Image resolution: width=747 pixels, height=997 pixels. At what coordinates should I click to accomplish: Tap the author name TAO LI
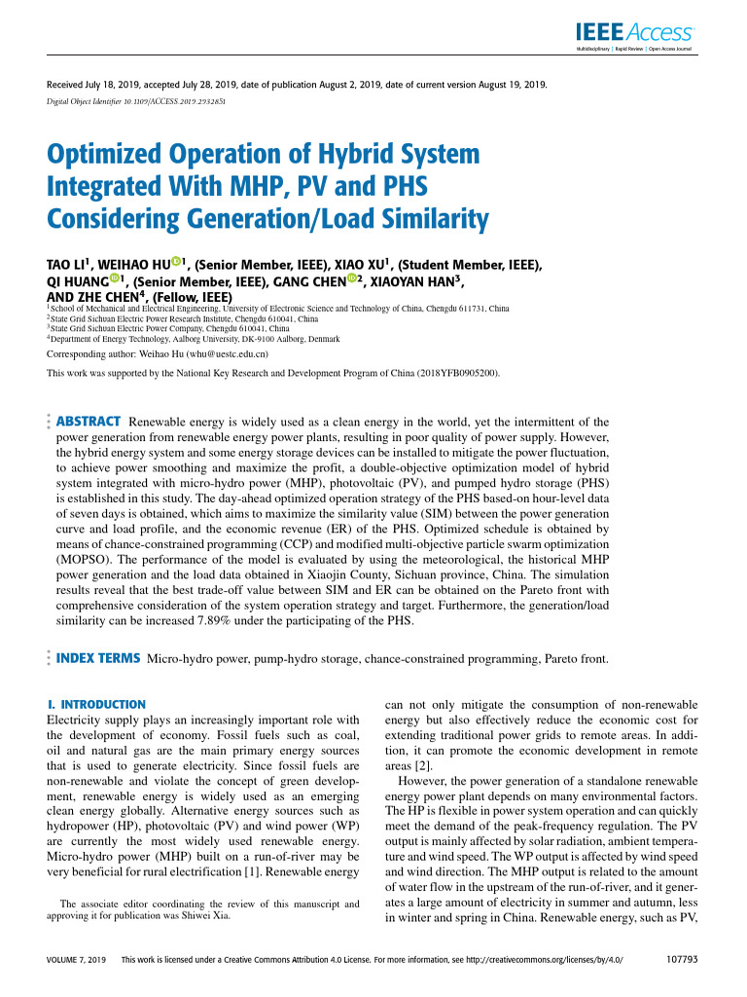(x=67, y=265)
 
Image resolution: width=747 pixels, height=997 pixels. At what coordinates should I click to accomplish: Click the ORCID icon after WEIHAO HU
(x=176, y=261)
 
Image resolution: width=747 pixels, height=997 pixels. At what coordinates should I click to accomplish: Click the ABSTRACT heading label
(x=89, y=422)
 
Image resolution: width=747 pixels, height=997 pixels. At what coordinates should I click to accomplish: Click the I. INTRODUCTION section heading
(x=96, y=704)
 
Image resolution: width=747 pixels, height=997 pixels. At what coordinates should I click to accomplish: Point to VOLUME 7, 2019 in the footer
(x=77, y=960)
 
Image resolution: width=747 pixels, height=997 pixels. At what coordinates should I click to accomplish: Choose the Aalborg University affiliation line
(x=195, y=339)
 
